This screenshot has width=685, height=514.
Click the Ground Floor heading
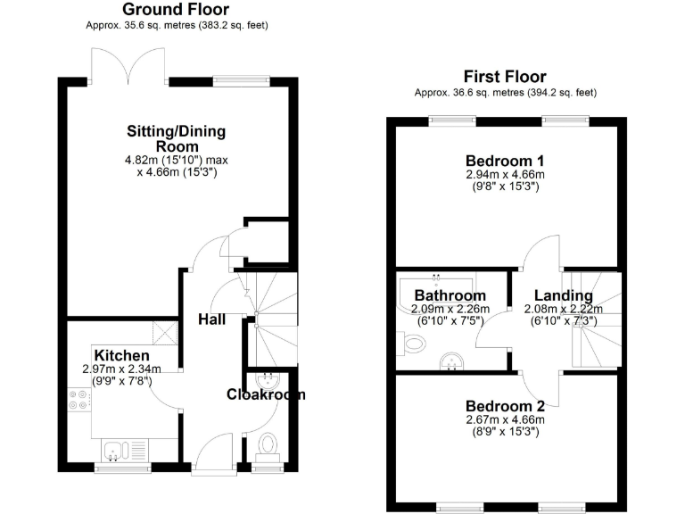(x=177, y=10)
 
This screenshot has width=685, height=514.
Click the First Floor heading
(x=505, y=77)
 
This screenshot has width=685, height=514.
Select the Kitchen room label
(x=116, y=354)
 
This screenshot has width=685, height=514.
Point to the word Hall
(x=212, y=319)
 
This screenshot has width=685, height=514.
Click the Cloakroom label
(x=266, y=394)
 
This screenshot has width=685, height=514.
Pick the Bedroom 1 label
(x=505, y=162)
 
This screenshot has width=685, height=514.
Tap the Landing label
(x=564, y=296)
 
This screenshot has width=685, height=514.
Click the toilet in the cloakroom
(x=266, y=444)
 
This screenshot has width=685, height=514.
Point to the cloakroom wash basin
(x=266, y=381)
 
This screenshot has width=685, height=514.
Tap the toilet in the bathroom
(x=412, y=342)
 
